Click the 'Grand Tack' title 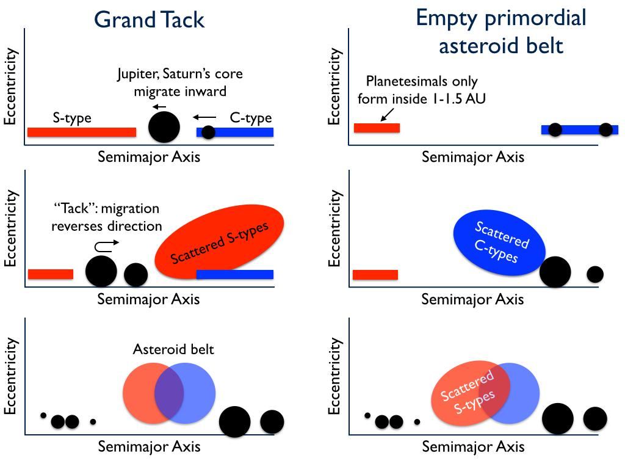coord(149,20)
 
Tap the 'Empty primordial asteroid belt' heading coord(500,31)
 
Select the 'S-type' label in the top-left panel coord(72,118)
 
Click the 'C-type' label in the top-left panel coord(251,118)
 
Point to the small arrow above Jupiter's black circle coord(160,107)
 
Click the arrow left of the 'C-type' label coord(205,117)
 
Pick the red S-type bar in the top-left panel coord(82,132)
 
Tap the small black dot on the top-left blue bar coord(208,132)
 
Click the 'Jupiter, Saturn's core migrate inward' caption coord(180,82)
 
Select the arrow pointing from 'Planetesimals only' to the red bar coord(387,114)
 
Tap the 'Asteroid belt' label coord(173,350)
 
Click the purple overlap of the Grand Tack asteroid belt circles coord(169,393)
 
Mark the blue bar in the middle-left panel coord(234,274)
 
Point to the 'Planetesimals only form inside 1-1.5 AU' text coord(422,89)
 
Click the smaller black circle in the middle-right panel coord(595,274)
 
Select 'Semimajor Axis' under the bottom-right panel coord(473,446)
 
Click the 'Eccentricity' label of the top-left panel coord(10,87)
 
